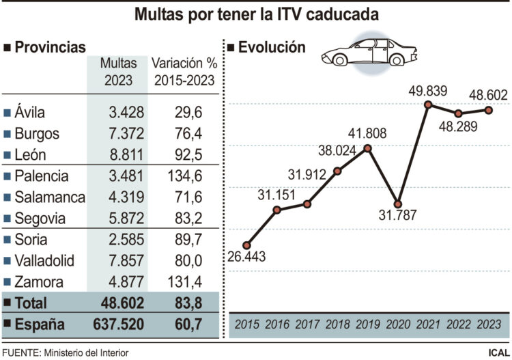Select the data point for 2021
428,105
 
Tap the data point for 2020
398,204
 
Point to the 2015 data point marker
246,245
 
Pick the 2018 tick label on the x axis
337,324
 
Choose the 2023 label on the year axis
488,324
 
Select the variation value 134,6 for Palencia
184,176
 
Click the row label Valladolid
48,260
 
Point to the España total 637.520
117,324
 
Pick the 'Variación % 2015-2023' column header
184,72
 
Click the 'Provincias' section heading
49,47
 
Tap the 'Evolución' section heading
270,47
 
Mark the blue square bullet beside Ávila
7,113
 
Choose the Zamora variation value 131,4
184,281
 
